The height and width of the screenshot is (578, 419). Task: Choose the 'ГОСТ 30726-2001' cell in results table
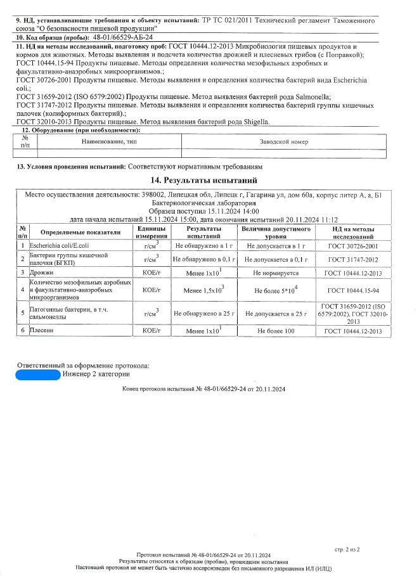click(353, 245)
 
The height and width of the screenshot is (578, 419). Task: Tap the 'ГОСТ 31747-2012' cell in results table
click(353, 259)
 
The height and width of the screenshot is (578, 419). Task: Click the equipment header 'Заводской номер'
click(283, 142)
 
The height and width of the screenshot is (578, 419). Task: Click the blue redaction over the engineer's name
click(38, 375)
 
